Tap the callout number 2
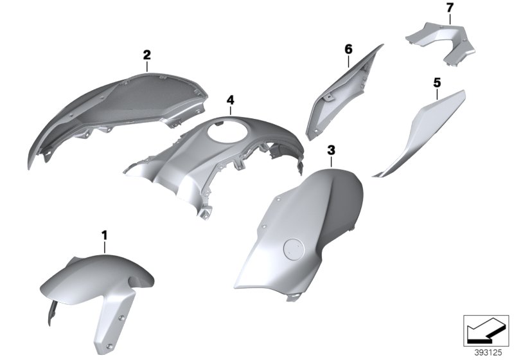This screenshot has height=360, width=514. tap(146, 55)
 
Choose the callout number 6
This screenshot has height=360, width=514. tap(348, 49)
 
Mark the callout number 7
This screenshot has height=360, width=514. tap(450, 8)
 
